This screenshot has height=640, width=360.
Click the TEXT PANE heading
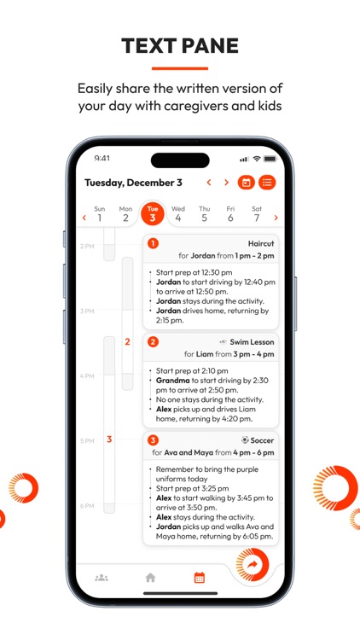(180, 45)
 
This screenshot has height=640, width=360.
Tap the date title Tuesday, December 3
(133, 183)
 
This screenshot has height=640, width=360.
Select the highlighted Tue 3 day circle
(153, 213)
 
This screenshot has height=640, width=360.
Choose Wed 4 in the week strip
(178, 213)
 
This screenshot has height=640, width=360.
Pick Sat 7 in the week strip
(257, 213)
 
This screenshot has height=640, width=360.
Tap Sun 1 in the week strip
(100, 213)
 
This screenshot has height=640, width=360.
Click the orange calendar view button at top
(246, 183)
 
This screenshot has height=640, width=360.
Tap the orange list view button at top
(268, 183)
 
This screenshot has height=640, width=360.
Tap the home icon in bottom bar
(151, 578)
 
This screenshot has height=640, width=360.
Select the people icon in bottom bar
(102, 578)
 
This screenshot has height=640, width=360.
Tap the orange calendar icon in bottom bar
(200, 578)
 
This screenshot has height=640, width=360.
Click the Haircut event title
(261, 243)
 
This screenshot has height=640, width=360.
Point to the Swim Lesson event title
(251, 342)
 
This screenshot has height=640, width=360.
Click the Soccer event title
(262, 440)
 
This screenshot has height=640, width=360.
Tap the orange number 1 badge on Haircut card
(153, 243)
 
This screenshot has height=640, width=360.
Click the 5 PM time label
(87, 441)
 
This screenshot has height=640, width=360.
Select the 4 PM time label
(87, 376)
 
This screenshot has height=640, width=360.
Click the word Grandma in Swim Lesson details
(173, 381)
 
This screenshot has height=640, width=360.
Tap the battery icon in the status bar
(270, 159)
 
